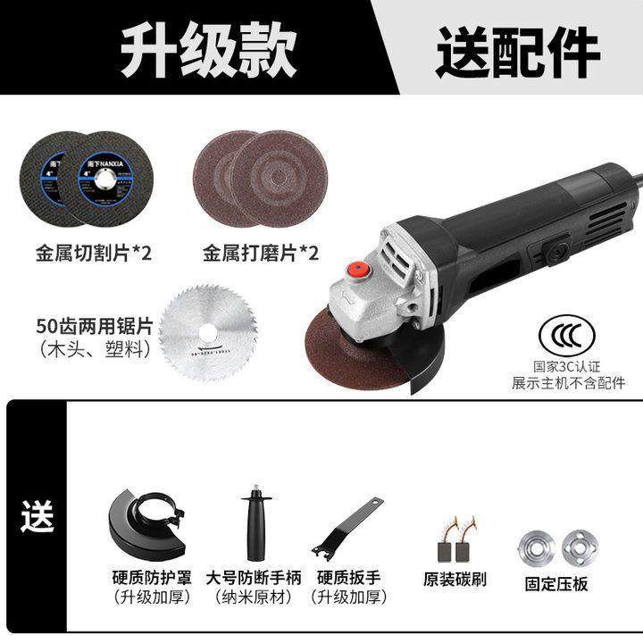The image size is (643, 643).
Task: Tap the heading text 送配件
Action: pos(517,50)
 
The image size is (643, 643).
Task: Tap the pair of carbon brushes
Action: pos(455,539)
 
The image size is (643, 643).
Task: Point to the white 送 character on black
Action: pos(38,516)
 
